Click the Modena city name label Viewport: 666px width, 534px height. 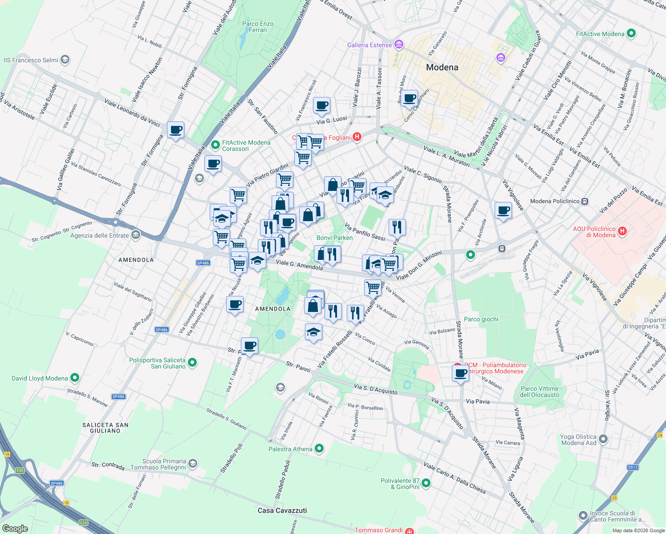point(442,68)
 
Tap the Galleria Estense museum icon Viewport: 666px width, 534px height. point(398,44)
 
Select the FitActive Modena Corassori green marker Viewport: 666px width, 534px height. point(215,145)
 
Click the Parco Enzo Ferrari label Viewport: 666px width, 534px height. point(258,27)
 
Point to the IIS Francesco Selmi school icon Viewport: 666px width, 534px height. point(65,60)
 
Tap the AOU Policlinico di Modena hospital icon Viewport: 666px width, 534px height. point(622,231)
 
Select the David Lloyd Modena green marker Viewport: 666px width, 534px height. point(75,378)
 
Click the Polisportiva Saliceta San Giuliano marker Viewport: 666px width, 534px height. point(192,363)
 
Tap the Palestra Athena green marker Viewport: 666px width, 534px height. point(319,449)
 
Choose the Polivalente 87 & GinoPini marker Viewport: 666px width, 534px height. point(426,483)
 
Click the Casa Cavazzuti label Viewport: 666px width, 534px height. point(282,510)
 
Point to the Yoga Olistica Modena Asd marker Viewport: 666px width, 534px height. point(603,439)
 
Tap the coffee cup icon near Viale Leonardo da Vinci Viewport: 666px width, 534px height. point(176,130)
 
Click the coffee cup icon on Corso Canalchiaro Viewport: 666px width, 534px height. point(410,98)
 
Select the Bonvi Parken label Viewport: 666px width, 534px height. point(334,238)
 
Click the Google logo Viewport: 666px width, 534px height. point(15,528)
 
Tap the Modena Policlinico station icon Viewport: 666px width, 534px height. point(585,201)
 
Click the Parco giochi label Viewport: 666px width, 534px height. point(481,319)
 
